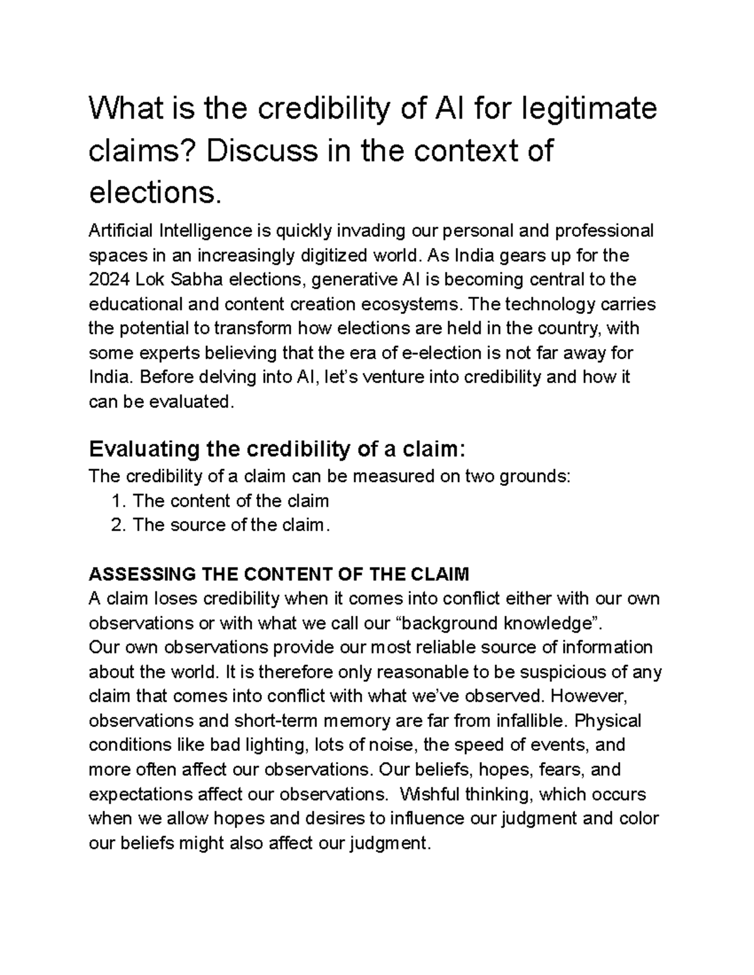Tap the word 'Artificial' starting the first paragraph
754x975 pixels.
121,231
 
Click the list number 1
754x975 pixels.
117,501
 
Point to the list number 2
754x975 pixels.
117,525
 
